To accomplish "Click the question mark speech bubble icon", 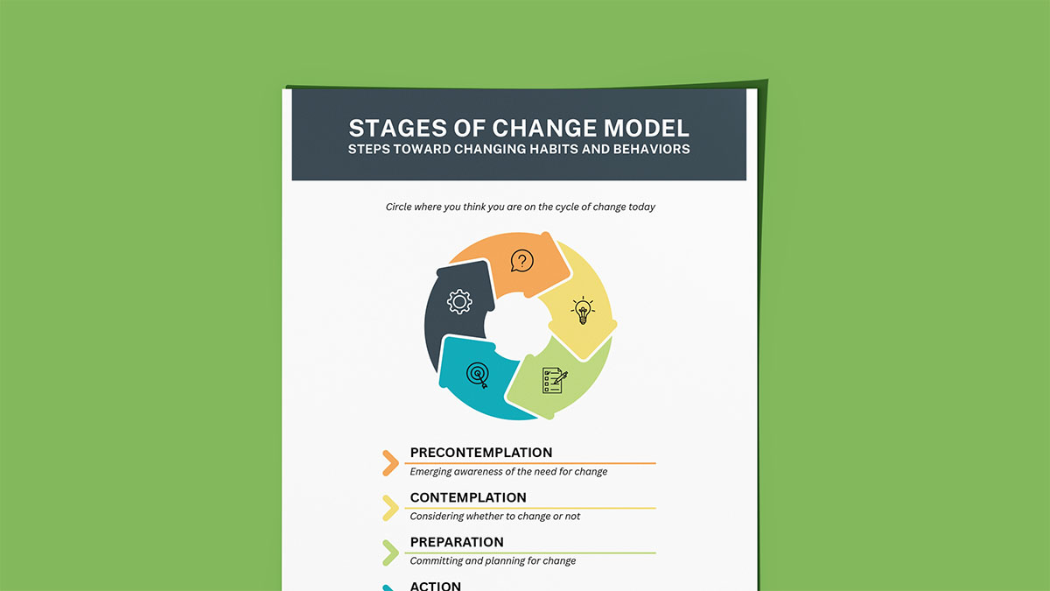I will pyautogui.click(x=521, y=261).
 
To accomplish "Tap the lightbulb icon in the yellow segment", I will pyautogui.click(x=583, y=310).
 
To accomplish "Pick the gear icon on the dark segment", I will pyautogui.click(x=459, y=302).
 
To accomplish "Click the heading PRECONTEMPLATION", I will pyautogui.click(x=480, y=453).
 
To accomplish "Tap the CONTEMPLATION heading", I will pyautogui.click(x=468, y=497).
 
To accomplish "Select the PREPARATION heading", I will pyautogui.click(x=457, y=542).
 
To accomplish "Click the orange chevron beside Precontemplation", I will pyautogui.click(x=390, y=463).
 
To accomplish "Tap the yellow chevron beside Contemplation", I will pyautogui.click(x=390, y=508).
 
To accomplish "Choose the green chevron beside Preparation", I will pyautogui.click(x=390, y=552).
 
